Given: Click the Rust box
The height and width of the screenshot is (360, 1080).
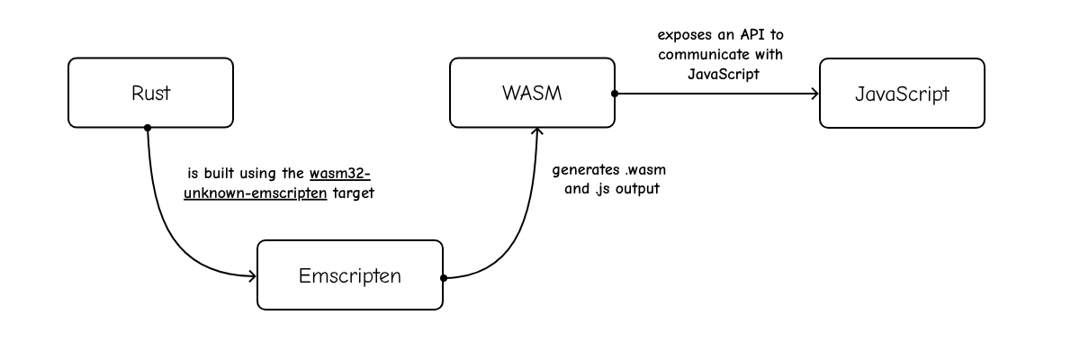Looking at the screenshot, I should [x=150, y=93].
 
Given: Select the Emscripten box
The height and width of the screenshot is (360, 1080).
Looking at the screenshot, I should [x=350, y=274].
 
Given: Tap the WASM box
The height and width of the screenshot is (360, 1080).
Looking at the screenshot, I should [x=532, y=93].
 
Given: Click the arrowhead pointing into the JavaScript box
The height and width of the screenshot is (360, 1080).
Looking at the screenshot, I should [x=813, y=93].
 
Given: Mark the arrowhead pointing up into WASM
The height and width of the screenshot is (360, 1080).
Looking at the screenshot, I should [x=537, y=132].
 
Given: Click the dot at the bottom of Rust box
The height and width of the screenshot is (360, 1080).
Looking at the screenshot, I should [x=148, y=127].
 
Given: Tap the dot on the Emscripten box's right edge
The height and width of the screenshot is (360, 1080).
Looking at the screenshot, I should [x=443, y=277].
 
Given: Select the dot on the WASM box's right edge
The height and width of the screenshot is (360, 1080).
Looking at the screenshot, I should [x=615, y=93].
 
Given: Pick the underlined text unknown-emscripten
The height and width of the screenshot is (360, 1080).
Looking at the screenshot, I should [x=255, y=192].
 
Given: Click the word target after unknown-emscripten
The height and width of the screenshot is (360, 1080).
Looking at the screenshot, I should [x=353, y=192].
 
